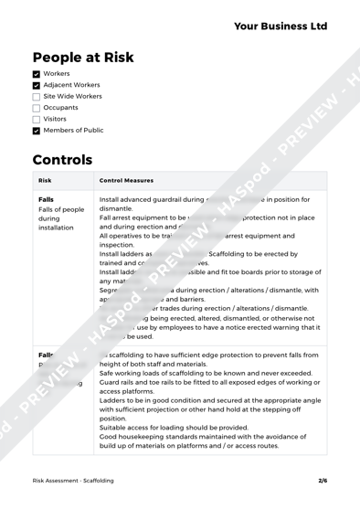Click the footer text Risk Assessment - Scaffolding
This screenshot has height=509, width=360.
pyautogui.click(x=73, y=480)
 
